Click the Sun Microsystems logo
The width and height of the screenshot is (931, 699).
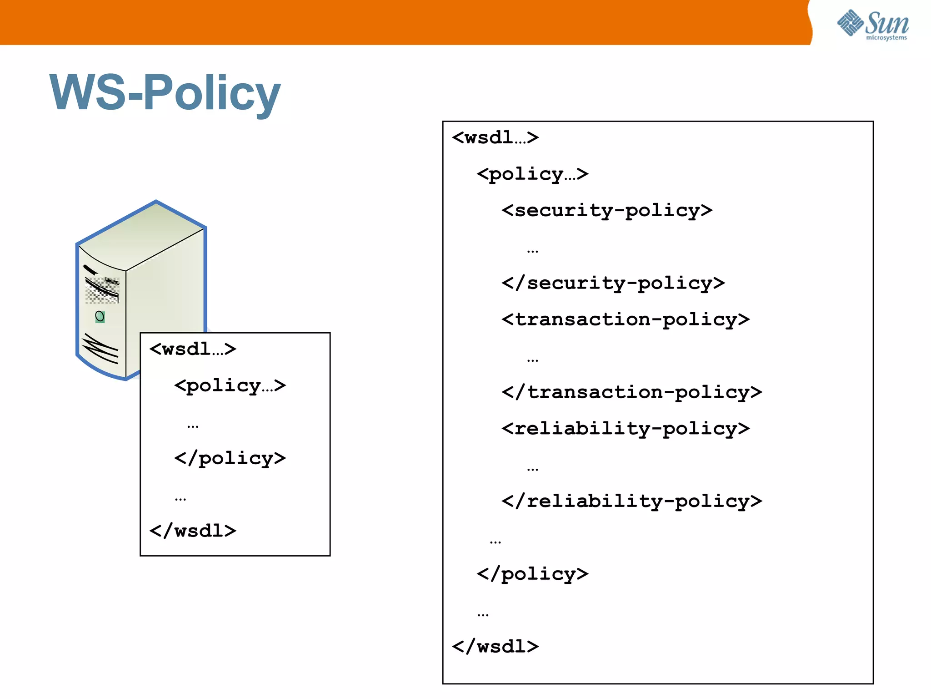873,25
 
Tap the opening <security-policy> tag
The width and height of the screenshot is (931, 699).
607,211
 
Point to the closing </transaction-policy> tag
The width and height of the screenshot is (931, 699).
631,392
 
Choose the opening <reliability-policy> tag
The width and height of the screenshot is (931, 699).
626,429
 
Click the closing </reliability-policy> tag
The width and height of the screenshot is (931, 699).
631,501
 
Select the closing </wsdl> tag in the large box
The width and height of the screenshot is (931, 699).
496,647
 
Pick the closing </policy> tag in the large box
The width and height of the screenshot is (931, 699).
532,574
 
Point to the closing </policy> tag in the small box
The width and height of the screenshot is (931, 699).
230,458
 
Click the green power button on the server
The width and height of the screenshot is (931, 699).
100,316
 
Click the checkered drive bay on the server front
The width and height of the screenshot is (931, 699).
102,290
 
